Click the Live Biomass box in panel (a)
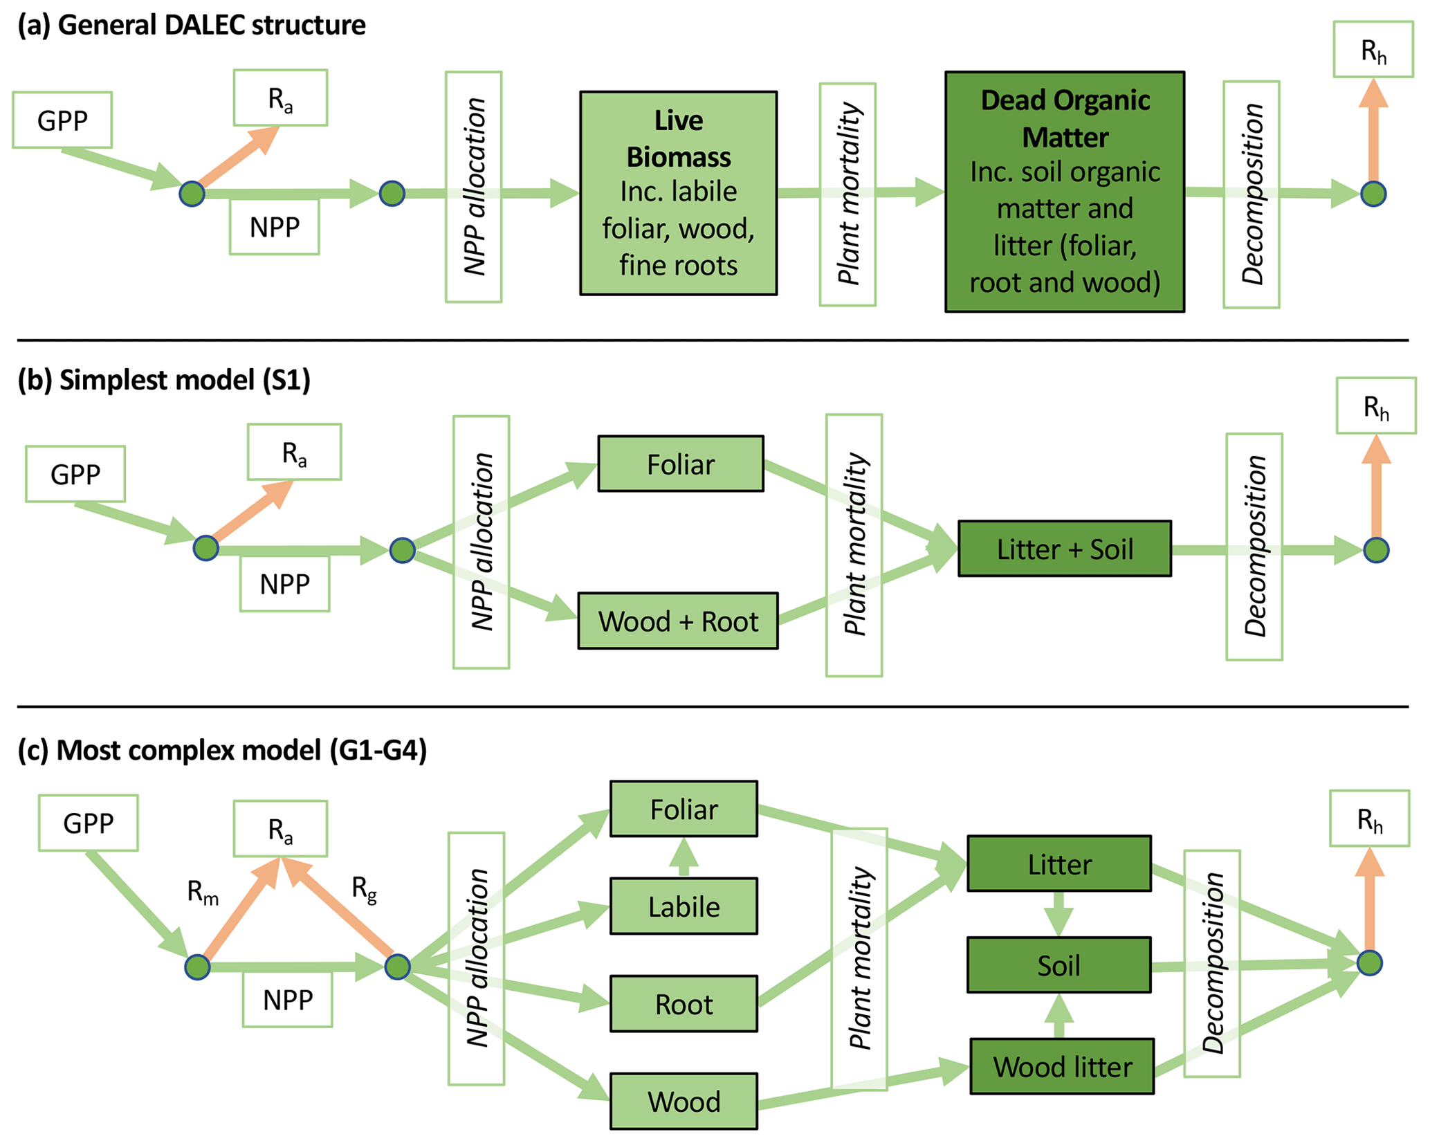click(x=678, y=193)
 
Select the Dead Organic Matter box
click(x=1064, y=192)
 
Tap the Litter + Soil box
click(x=1064, y=549)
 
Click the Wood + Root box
click(x=677, y=621)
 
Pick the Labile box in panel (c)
click(x=683, y=906)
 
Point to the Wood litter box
click(x=1061, y=1066)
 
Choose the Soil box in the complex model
click(x=1058, y=964)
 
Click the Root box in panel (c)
click(x=683, y=1003)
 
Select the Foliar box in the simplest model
click(x=680, y=464)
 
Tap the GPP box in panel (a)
click(x=62, y=120)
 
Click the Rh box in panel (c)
click(x=1369, y=819)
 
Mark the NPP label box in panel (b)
click(x=284, y=584)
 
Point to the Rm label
click(x=203, y=893)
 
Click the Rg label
click(x=364, y=888)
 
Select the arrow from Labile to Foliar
click(x=684, y=857)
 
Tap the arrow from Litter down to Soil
click(x=1058, y=914)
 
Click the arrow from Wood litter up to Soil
click(x=1058, y=1016)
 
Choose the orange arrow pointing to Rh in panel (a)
click(x=1373, y=131)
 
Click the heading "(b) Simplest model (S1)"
click(x=164, y=380)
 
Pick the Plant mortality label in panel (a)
click(x=847, y=194)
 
